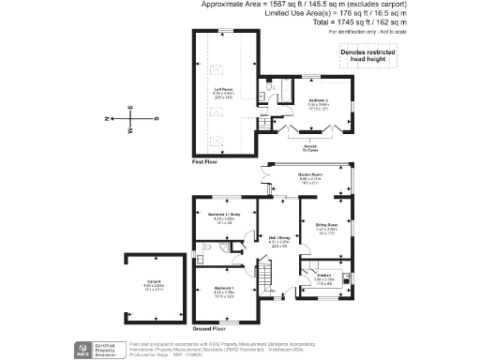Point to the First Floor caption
[x=205, y=162]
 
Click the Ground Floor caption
[x=207, y=329]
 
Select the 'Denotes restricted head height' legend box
[x=367, y=59]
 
